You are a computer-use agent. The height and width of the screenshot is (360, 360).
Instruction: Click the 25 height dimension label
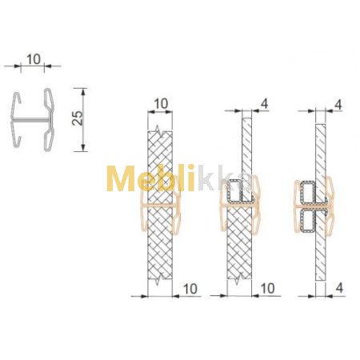pos(78,118)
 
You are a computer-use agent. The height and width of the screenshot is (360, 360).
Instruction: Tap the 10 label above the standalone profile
pos(34,59)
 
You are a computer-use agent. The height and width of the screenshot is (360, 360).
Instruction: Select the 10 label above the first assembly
pos(161,104)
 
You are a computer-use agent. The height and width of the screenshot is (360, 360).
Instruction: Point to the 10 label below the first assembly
pos(190,289)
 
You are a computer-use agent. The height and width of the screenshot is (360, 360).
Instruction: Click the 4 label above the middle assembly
pos(264,104)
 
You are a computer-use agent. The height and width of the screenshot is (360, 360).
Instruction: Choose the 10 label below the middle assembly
pos(267,289)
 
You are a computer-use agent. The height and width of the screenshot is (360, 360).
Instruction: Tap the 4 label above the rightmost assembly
pos(338,105)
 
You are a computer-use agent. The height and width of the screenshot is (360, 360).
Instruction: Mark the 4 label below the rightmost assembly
pos(339,288)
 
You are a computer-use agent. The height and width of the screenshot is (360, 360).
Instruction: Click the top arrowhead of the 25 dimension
pos(83,91)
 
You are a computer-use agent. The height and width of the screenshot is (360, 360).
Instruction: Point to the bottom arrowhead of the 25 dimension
pos(83,148)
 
